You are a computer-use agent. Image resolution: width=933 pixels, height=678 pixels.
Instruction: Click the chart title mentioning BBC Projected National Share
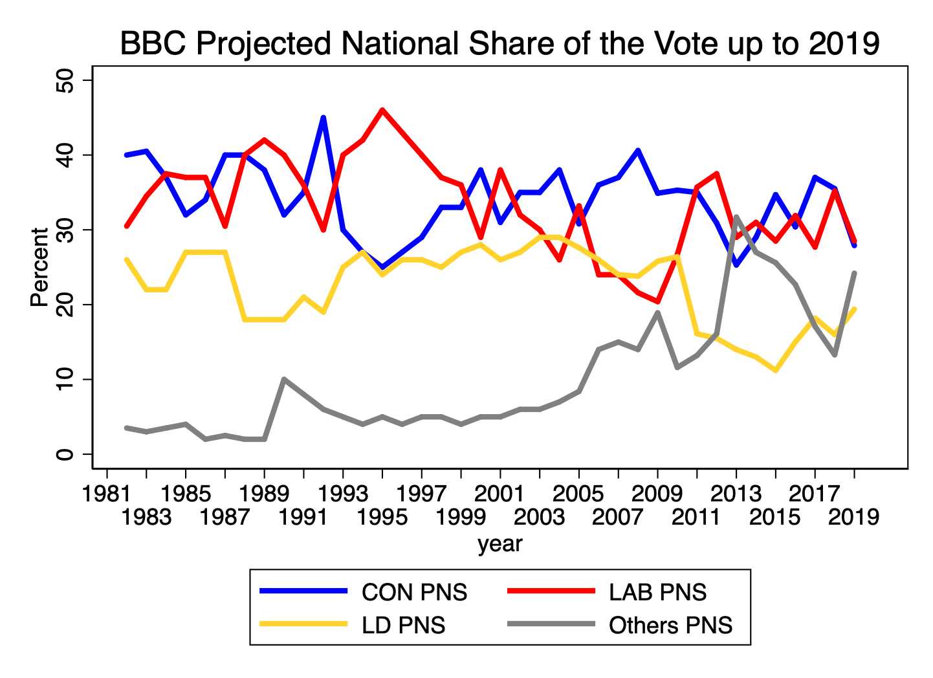tap(499, 44)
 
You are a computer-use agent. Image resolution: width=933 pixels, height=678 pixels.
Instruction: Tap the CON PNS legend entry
tap(414, 592)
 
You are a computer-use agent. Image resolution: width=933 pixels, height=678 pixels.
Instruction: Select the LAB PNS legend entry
tap(657, 592)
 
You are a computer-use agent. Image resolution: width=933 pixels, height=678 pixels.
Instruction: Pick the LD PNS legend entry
tap(403, 626)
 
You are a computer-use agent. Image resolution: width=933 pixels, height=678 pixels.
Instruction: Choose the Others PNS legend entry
tap(670, 626)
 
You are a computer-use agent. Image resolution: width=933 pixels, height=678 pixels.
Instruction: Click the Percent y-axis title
tap(39, 267)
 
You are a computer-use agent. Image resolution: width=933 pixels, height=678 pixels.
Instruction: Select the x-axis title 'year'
tap(499, 544)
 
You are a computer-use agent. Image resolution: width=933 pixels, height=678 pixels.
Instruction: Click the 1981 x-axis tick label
tap(107, 494)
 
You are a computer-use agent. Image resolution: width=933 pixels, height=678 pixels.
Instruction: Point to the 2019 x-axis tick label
tap(854, 517)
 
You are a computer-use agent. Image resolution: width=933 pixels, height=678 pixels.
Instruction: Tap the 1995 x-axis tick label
tap(382, 517)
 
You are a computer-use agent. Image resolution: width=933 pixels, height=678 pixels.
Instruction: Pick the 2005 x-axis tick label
tap(579, 494)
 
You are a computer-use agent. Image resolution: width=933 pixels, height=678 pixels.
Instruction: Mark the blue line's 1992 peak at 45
tap(324, 118)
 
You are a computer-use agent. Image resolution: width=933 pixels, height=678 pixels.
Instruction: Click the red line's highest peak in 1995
tap(382, 110)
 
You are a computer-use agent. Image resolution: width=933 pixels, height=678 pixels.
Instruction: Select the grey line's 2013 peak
tap(736, 217)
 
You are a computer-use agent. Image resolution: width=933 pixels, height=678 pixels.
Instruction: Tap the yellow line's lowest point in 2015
tap(775, 371)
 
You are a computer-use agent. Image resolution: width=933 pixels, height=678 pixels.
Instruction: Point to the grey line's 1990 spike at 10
tap(284, 379)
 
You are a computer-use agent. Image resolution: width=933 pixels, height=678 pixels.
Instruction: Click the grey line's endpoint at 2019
tap(854, 273)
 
